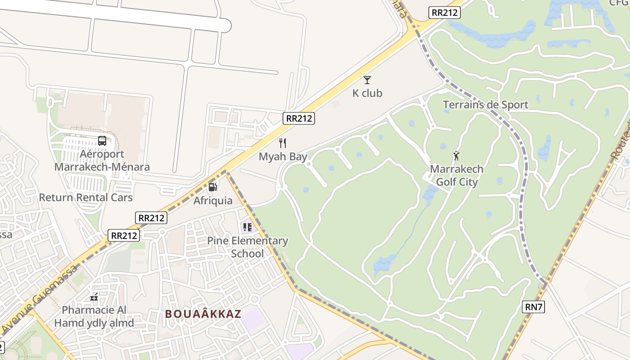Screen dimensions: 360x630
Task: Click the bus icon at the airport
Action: [102, 141]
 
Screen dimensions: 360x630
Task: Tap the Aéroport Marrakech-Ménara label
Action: [102, 161]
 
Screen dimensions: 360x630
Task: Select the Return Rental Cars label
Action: [86, 198]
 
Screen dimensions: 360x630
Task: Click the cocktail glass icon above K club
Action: [367, 80]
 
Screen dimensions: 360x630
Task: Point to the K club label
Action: [367, 93]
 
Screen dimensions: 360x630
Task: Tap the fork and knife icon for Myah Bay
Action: [283, 143]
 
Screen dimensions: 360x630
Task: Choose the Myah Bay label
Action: [283, 157]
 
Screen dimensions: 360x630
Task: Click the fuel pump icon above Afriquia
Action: [213, 187]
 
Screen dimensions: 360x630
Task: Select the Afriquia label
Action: [213, 201]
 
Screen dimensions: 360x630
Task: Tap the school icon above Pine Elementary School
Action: [247, 227]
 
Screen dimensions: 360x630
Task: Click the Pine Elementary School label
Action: [247, 247]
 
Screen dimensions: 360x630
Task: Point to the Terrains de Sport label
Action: [486, 105]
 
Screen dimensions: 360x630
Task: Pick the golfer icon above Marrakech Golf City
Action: [457, 156]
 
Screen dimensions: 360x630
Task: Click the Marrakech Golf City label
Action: [457, 175]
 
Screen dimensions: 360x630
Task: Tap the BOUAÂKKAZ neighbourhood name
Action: [203, 314]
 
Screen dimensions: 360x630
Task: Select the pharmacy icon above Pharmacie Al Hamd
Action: [94, 297]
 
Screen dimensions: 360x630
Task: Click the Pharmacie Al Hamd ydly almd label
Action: [94, 316]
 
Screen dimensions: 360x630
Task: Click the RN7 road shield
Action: [534, 307]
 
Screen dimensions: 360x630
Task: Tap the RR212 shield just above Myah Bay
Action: [299, 118]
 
